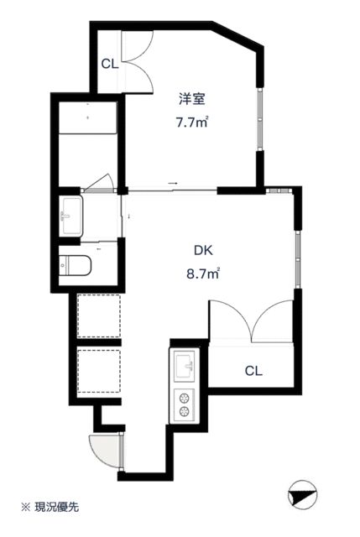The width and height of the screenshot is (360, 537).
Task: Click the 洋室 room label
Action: point(192,99)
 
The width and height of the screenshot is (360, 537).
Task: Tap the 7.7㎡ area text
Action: point(192,122)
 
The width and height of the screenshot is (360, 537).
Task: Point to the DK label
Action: point(203,250)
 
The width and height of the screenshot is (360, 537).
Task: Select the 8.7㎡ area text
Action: point(203,274)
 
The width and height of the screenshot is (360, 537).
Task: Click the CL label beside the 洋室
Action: point(110,64)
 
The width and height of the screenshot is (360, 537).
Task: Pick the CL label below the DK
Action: point(253,371)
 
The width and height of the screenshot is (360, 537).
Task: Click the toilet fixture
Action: point(75,265)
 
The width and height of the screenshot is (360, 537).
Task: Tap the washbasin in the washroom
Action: point(70,216)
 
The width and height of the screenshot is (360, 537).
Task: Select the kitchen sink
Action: point(185,366)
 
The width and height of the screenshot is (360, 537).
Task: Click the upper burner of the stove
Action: point(185,398)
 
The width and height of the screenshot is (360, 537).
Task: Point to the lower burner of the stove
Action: point(185,411)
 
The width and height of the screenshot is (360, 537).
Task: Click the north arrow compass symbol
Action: point(303,494)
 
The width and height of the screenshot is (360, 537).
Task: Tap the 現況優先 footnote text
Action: point(57,507)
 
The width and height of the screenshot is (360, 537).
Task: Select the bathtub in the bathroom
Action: point(88,117)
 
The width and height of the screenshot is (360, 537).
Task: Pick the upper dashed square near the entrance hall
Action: point(99,315)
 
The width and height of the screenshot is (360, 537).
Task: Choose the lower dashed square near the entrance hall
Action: point(99,371)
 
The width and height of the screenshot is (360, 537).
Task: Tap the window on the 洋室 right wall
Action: point(260,119)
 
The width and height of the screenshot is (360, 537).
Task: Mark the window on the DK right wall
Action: point(298,259)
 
